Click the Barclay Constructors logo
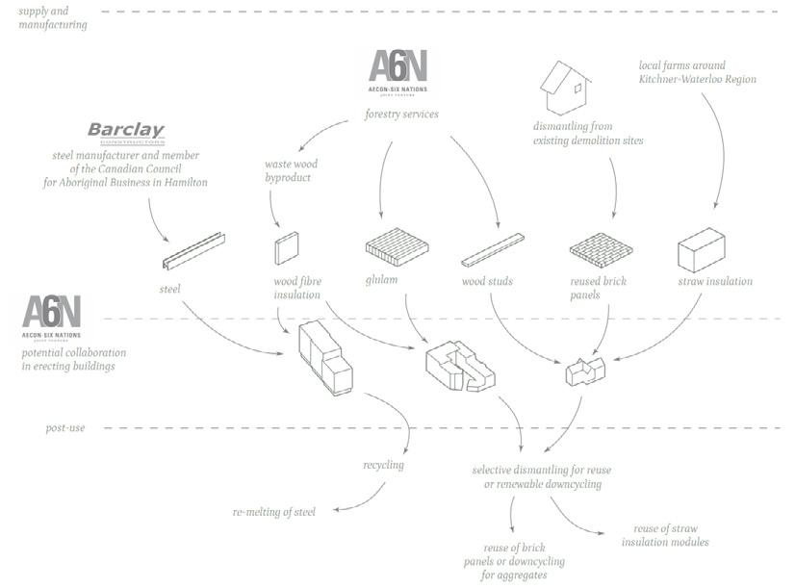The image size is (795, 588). (126, 132)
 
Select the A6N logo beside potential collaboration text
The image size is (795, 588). (51, 317)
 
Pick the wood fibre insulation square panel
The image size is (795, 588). (287, 249)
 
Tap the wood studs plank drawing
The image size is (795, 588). (498, 249)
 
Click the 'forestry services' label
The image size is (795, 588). (401, 115)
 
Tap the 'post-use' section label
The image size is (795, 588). (65, 427)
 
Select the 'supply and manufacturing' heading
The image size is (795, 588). (53, 17)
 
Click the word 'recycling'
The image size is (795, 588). (383, 466)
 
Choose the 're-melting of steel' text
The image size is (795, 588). (273, 511)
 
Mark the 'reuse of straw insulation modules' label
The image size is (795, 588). (665, 535)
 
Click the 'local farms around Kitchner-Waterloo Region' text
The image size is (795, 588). (697, 72)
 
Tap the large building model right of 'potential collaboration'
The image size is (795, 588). (327, 357)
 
